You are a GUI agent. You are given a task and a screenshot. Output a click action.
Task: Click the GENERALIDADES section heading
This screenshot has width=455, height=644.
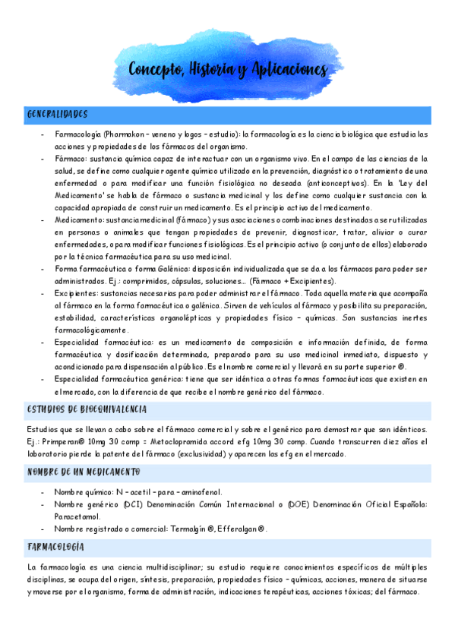pos(58,115)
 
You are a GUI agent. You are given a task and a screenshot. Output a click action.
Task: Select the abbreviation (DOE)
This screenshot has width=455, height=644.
pos(298,504)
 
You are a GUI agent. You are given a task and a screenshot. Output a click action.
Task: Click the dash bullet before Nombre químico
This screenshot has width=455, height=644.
pos(43,492)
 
